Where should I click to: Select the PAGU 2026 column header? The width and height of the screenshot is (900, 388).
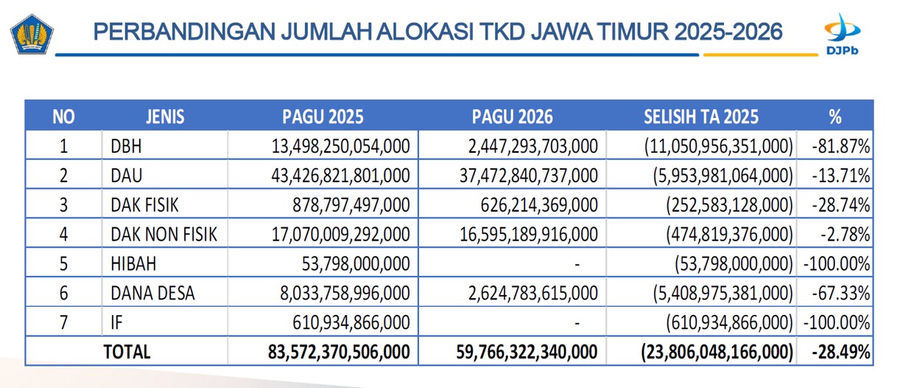[513, 117]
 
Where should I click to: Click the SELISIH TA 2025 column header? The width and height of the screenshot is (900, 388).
[700, 117]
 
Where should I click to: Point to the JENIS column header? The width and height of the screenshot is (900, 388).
[165, 117]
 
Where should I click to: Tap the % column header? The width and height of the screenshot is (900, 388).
[834, 117]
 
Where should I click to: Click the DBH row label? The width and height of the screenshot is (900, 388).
[126, 146]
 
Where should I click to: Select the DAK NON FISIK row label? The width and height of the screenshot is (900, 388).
[164, 235]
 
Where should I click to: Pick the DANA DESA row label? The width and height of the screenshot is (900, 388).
[153, 294]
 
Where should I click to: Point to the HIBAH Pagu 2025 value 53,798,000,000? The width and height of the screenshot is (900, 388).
[356, 264]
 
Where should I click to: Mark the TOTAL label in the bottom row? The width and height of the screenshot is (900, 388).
[127, 351]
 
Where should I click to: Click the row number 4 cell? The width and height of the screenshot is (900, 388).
[63, 235]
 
